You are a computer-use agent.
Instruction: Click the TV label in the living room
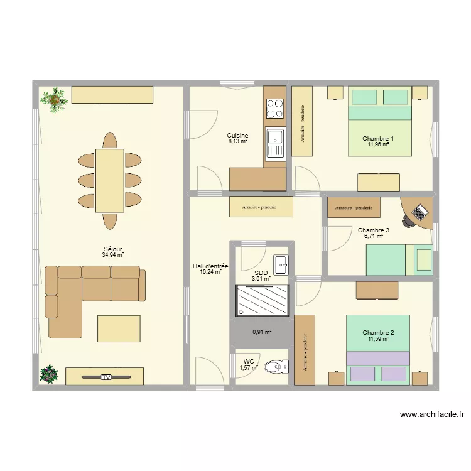[106, 377]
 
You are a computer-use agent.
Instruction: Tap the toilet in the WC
[276, 367]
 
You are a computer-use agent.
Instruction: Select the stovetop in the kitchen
[275, 109]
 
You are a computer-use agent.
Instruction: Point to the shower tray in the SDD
[263, 300]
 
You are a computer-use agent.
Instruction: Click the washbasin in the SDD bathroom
[281, 265]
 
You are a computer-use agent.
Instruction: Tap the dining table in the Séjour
[110, 181]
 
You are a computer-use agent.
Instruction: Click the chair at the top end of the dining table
[110, 140]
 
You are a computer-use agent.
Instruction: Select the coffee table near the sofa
[119, 328]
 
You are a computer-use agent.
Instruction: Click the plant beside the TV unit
[48, 374]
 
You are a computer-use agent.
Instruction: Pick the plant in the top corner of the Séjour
[54, 100]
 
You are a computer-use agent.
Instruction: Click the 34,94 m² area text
[113, 255]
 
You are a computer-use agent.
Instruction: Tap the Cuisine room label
[237, 136]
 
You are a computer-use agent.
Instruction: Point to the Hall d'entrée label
[210, 266]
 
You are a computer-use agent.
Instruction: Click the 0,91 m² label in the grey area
[262, 332]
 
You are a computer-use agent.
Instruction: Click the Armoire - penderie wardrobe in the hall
[261, 207]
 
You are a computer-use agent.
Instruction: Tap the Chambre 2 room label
[378, 332]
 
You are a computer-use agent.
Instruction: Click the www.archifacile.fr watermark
[432, 414]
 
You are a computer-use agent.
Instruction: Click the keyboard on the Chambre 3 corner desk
[420, 212]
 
